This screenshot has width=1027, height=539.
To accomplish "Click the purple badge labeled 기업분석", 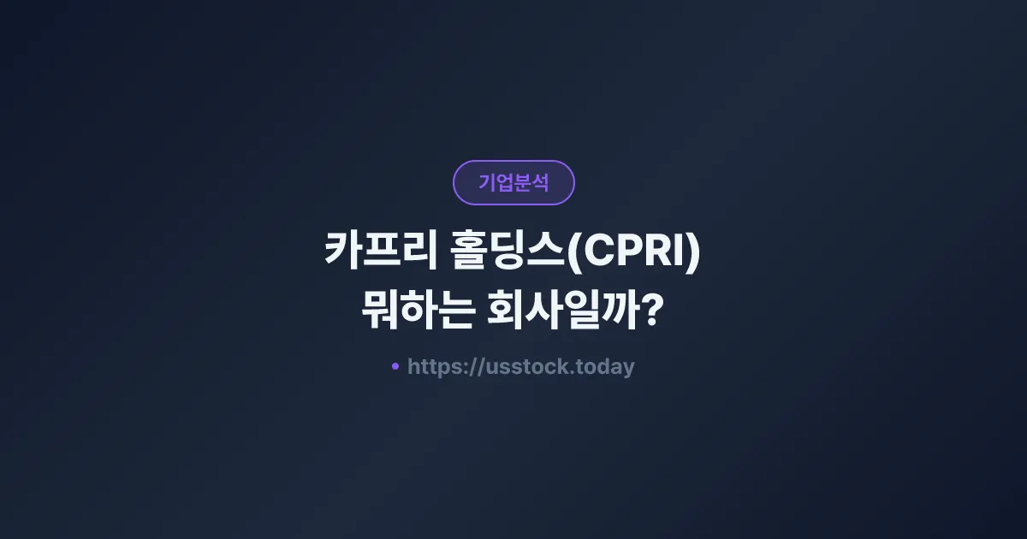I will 513,182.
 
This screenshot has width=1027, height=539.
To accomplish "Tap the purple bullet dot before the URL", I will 395,366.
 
